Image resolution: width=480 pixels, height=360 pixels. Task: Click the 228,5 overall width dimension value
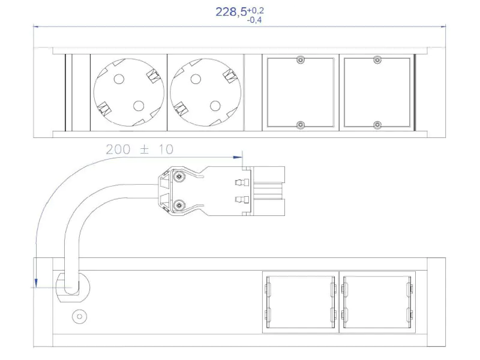point(231,12)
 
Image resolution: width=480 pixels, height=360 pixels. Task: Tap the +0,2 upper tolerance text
point(256,11)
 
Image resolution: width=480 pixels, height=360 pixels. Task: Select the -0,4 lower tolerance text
point(254,20)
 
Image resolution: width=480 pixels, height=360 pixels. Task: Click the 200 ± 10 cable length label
point(140,149)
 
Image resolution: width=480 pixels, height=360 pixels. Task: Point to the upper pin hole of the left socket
point(119,79)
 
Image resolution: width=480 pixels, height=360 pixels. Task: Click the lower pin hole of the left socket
point(139,106)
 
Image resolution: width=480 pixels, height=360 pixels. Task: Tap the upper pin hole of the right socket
point(196,79)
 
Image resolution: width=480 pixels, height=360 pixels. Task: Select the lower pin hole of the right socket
point(215,106)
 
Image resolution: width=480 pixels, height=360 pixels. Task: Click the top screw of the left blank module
point(301,60)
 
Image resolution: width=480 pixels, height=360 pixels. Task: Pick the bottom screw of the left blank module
point(301,125)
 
